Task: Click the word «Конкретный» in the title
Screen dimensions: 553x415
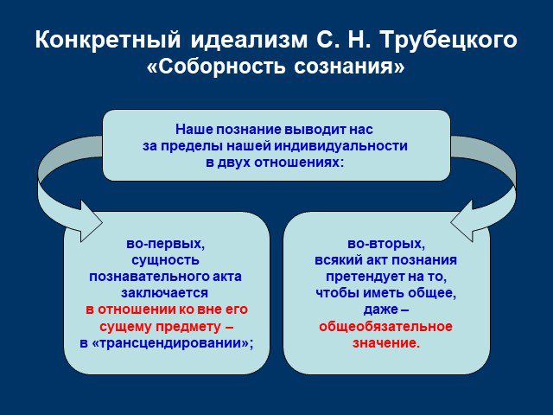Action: point(108,40)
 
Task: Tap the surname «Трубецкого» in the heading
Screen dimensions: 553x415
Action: point(449,40)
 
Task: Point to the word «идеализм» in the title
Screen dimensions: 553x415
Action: point(250,40)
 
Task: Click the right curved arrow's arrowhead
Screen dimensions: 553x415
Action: point(462,221)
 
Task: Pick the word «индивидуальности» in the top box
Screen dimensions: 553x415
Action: point(341,146)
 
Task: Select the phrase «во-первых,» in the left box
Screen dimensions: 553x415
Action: point(166,244)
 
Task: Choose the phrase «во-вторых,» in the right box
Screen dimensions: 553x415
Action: point(386,244)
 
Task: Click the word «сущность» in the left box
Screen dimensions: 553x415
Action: point(166,260)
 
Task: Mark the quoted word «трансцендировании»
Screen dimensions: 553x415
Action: point(167,343)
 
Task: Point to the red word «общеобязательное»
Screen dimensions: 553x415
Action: point(385,327)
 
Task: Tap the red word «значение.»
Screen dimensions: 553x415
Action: point(386,343)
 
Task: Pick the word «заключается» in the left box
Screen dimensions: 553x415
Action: point(165,293)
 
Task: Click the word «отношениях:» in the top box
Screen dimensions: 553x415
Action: point(299,163)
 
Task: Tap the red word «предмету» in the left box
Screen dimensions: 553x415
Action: point(188,327)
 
